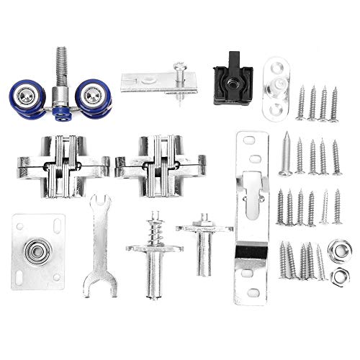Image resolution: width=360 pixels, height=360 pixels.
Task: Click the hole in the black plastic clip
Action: [233, 84]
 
